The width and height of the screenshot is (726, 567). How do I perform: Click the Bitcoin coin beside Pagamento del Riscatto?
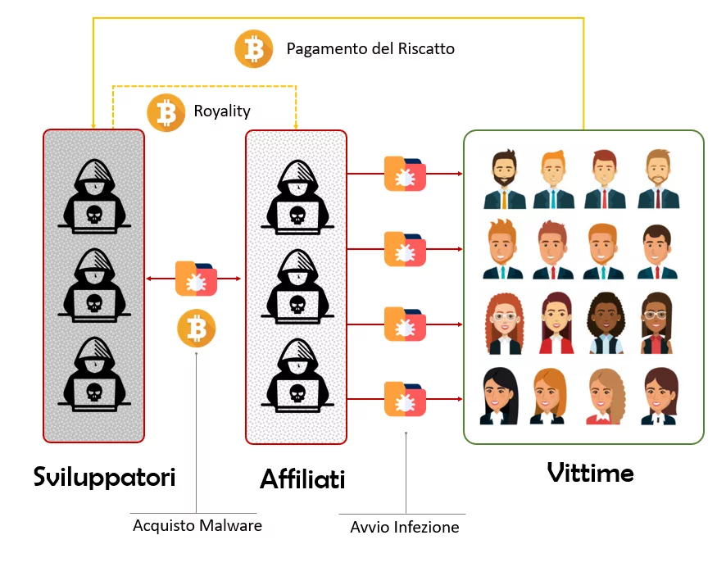[254, 49]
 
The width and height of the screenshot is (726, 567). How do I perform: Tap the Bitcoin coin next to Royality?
[167, 111]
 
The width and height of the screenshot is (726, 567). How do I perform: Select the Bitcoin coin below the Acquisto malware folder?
[197, 329]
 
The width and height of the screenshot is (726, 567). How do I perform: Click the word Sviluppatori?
[104, 477]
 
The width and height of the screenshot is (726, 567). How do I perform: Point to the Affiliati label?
[302, 479]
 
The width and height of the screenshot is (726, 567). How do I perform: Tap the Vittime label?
[590, 473]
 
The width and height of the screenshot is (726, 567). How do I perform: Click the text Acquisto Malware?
[197, 526]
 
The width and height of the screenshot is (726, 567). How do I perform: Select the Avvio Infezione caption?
[405, 528]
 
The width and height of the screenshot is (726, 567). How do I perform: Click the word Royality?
[222, 111]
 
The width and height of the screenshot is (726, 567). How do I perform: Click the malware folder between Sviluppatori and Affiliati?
[197, 279]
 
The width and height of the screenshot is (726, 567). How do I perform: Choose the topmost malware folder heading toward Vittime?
[406, 174]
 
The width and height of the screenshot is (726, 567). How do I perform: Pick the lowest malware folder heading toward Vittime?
[406, 400]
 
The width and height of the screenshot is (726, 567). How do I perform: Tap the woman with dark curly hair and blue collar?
[606, 324]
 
